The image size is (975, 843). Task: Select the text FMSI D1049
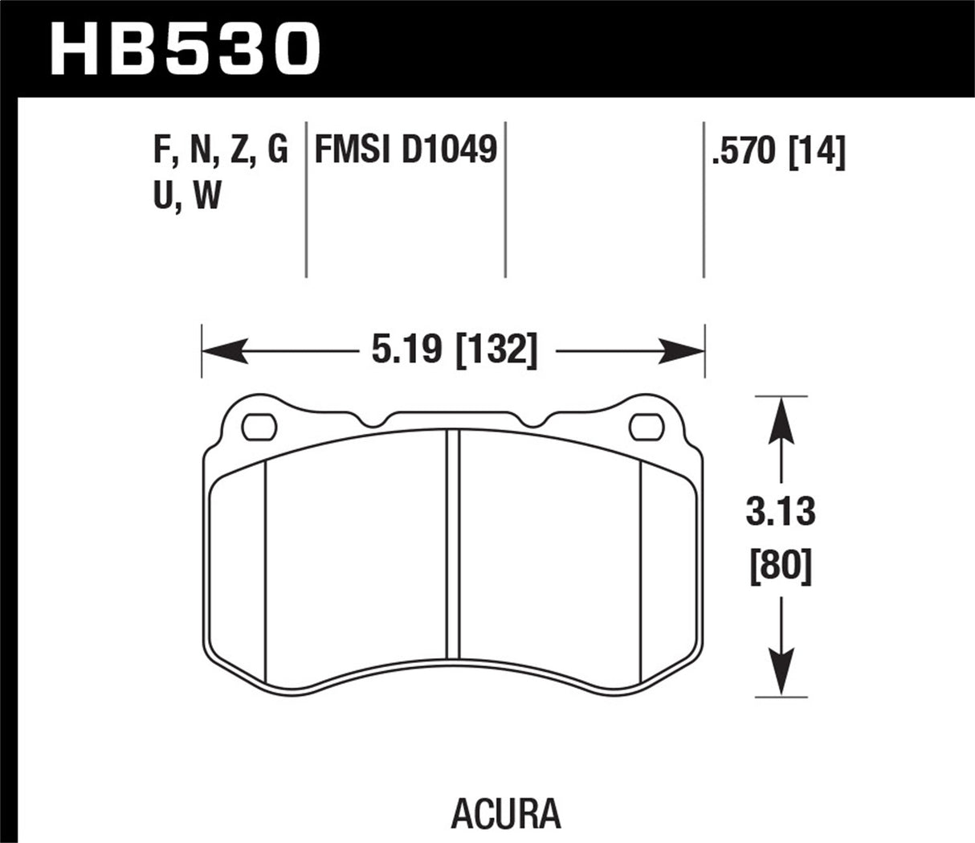pos(406,150)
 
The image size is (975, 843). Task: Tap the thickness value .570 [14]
pos(778,150)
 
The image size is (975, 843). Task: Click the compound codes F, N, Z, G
pos(218,150)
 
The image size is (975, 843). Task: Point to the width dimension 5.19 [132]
pos(453,351)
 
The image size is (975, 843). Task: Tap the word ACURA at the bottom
pos(505,812)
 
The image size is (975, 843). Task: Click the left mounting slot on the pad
pos(258,426)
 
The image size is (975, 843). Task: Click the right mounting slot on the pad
pos(643,426)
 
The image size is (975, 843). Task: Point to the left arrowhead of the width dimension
pos(221,351)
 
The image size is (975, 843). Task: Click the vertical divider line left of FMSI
pos(307,201)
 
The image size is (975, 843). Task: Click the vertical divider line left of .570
pos(704,201)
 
